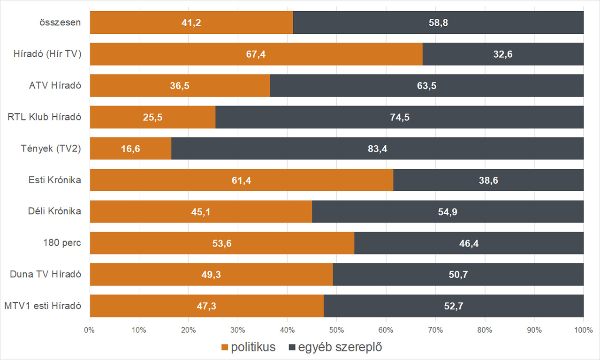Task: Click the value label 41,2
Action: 191,22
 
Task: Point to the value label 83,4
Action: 378,149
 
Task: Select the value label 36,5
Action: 180,86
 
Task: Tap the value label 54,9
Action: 448,212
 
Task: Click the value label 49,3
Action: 211,275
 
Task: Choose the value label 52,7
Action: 454,306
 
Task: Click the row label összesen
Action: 61,22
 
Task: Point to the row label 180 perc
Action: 61,243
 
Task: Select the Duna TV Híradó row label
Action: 46,274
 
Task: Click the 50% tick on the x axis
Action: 336,330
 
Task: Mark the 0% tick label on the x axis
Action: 89,330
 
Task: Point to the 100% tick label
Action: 583,330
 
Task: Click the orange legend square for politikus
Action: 225,347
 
